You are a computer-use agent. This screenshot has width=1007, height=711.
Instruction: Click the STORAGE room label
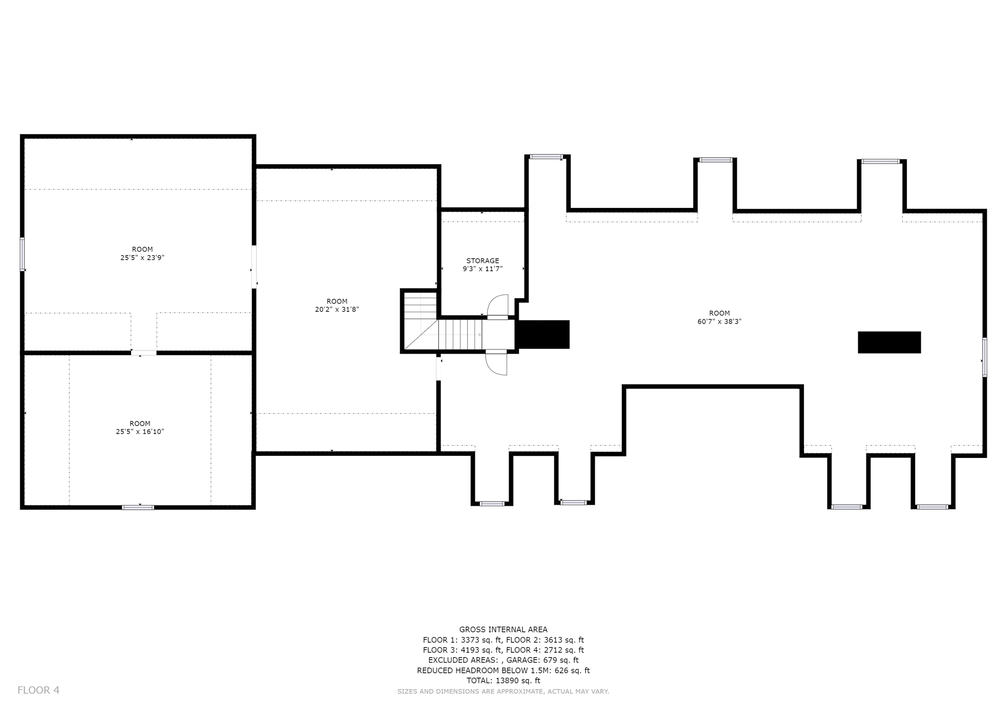click(483, 260)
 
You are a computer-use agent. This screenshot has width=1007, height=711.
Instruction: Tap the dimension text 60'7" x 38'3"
click(719, 322)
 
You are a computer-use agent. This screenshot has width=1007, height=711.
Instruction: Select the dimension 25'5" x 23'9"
click(142, 258)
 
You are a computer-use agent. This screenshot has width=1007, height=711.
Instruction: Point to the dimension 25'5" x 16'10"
click(140, 432)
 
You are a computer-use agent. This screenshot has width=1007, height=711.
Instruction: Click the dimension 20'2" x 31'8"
click(337, 310)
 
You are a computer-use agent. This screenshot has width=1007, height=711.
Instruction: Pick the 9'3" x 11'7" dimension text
click(483, 269)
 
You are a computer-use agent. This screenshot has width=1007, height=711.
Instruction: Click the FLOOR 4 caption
click(38, 690)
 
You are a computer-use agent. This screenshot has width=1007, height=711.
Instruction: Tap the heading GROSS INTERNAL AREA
click(503, 630)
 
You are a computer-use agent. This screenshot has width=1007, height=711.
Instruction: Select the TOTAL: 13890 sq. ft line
click(503, 681)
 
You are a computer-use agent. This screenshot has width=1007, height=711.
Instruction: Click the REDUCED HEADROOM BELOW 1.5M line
click(503, 671)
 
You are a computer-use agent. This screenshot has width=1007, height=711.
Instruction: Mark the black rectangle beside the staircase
click(543, 334)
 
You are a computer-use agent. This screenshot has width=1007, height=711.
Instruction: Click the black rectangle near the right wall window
click(889, 342)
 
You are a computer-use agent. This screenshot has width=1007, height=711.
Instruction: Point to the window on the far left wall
click(23, 254)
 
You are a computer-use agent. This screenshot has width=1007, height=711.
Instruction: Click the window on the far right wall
click(984, 357)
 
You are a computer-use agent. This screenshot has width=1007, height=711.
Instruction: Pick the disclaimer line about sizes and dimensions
click(503, 692)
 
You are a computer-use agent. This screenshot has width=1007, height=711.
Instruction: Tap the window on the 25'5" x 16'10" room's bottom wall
click(138, 507)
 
